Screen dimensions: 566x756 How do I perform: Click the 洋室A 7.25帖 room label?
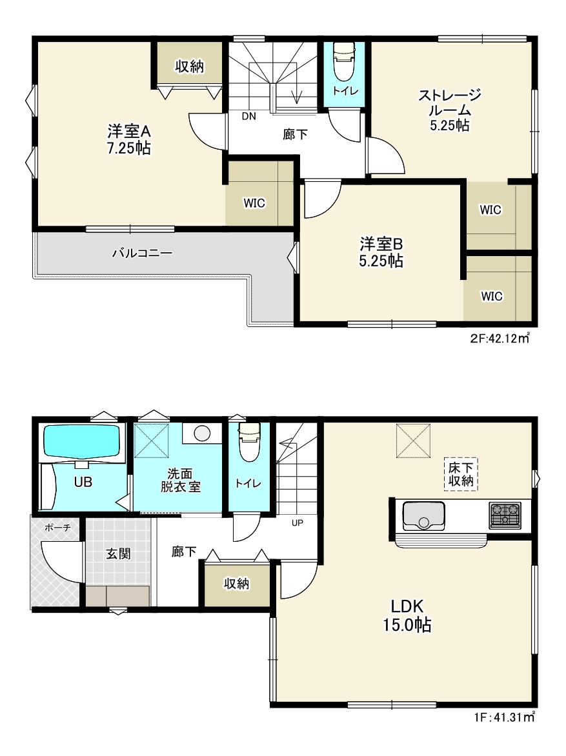(129, 139)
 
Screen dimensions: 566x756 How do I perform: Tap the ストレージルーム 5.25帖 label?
(449, 110)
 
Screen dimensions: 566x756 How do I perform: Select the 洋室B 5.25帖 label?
(381, 252)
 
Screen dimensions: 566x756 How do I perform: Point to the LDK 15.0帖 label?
(407, 615)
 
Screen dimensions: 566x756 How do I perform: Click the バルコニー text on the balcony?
(143, 253)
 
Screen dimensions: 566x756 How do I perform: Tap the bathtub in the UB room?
(81, 440)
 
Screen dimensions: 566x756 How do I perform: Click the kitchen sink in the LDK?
(423, 515)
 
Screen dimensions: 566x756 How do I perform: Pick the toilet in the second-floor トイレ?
(344, 62)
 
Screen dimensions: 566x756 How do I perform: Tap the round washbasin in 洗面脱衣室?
(202, 433)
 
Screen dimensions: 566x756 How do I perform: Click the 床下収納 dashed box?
(460, 474)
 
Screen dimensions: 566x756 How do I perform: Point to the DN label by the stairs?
(249, 116)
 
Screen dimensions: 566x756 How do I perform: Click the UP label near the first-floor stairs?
(298, 522)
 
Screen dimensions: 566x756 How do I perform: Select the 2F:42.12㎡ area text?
(500, 338)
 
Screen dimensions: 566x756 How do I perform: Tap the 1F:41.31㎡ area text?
(505, 717)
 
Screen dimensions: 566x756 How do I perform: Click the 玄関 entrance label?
(118, 553)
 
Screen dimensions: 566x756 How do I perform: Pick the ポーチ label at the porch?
(57, 528)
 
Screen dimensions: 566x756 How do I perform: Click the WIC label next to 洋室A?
(254, 203)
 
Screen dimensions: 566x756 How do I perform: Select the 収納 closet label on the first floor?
(236, 584)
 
